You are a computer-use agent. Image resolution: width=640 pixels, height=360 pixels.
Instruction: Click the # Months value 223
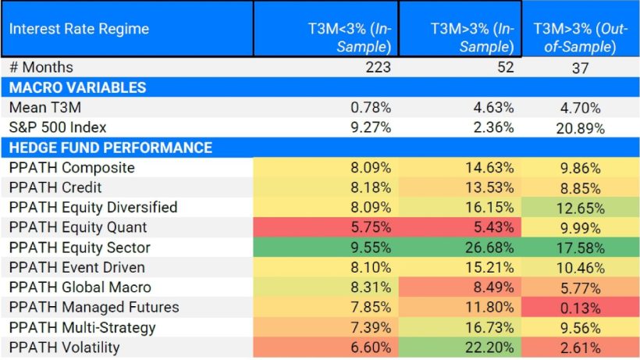tap(378, 68)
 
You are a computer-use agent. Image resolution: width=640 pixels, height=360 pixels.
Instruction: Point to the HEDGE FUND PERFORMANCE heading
tap(110, 148)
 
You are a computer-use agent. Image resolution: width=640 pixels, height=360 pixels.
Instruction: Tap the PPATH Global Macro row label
tap(80, 287)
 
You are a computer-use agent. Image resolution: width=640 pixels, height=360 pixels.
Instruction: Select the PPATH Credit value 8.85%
tap(581, 187)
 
